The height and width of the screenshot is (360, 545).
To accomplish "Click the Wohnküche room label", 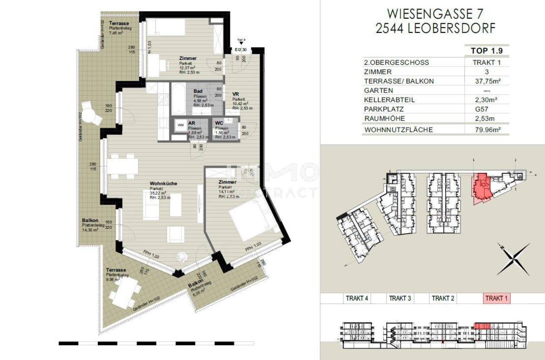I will (163, 184).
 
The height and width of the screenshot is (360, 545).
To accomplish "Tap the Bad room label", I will (198, 91).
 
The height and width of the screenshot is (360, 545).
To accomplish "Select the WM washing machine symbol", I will (181, 125).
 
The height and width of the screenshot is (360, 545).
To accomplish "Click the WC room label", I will (219, 123).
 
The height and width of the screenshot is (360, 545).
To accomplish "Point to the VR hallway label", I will (235, 94).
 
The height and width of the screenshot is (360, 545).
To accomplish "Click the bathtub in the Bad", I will (180, 99).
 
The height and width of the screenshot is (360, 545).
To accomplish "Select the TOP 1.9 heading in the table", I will (487, 51).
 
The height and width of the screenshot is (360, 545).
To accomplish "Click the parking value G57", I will (487, 109).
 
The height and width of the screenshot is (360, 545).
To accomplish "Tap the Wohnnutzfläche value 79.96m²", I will (487, 130).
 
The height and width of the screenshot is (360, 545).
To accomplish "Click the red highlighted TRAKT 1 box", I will (496, 298).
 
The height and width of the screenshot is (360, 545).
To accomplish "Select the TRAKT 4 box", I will (357, 298).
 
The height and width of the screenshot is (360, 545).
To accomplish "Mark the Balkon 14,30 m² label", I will (90, 225).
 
